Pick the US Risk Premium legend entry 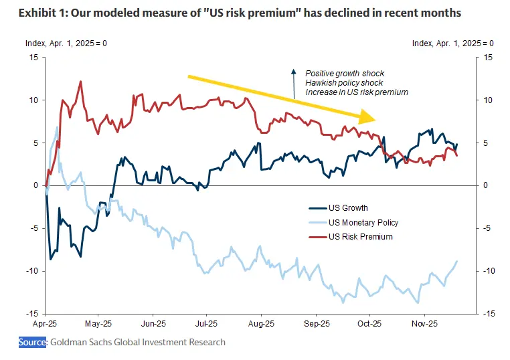[360, 237]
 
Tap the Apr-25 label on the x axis [45, 323]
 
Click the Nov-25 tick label [424, 323]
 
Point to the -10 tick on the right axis [489, 271]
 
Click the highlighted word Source [33, 342]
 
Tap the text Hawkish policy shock [343, 82]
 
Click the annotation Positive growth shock [345, 73]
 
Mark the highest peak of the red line [81, 82]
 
